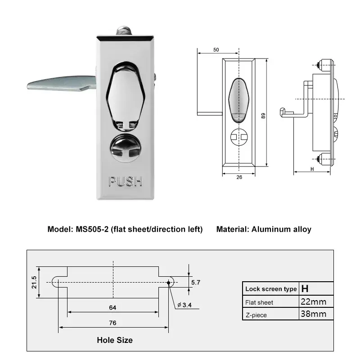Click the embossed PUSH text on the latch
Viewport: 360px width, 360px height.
(126, 181)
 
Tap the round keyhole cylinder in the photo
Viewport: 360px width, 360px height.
(126, 148)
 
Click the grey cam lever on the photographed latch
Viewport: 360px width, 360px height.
(62, 83)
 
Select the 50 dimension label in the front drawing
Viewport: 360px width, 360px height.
(216, 49)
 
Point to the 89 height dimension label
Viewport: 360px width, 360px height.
(263, 116)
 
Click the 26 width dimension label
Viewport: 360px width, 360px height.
(239, 177)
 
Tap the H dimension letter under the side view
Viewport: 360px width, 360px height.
(312, 169)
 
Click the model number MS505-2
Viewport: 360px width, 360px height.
(92, 229)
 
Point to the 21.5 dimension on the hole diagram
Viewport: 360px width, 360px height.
(34, 282)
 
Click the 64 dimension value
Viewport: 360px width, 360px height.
(112, 307)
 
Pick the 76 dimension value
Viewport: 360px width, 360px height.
(113, 323)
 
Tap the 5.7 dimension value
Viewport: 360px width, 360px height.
(196, 283)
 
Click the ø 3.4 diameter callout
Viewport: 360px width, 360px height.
(184, 305)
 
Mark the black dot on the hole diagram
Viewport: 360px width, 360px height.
(169, 283)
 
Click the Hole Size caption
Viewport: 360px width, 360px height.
(115, 340)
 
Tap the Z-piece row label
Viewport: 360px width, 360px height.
(256, 315)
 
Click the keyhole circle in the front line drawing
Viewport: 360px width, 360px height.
(239, 137)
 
